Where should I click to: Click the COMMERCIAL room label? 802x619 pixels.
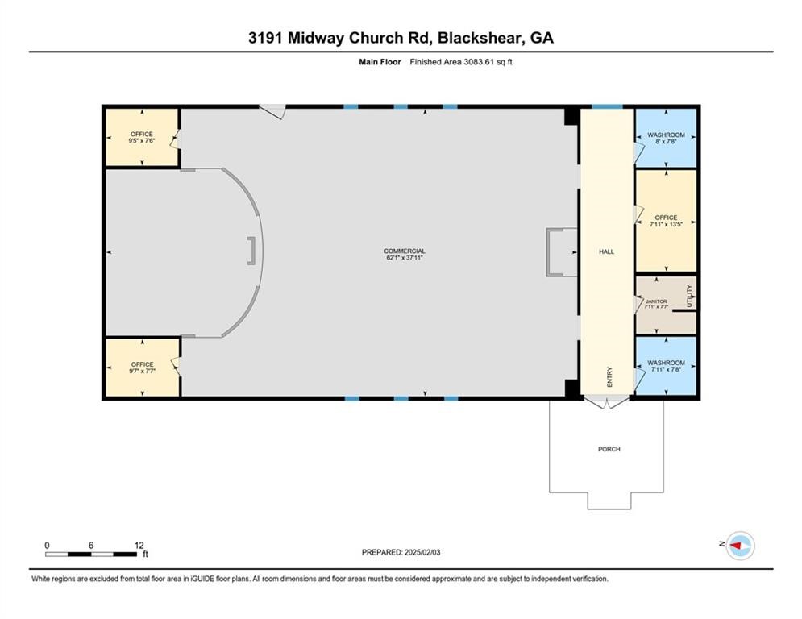[404, 251]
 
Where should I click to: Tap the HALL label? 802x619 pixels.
[606, 251]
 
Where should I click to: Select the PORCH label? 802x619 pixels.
[609, 449]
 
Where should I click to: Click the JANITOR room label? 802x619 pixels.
[656, 301]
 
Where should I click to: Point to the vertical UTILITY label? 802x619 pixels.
[689, 296]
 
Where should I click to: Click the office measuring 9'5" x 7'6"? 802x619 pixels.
[142, 137]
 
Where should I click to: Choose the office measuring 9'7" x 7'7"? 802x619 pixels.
[142, 368]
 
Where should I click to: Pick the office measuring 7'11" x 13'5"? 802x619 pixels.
[666, 221]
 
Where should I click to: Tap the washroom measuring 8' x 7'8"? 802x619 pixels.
[666, 138]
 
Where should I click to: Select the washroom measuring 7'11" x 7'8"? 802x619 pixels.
[666, 367]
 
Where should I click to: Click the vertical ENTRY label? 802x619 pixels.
[609, 377]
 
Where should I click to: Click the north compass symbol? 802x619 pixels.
[739, 546]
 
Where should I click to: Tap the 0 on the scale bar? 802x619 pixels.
[47, 545]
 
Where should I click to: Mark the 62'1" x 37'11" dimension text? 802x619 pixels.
[404, 258]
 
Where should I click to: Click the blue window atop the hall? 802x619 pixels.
[607, 106]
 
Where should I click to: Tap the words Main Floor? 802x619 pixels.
[380, 62]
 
